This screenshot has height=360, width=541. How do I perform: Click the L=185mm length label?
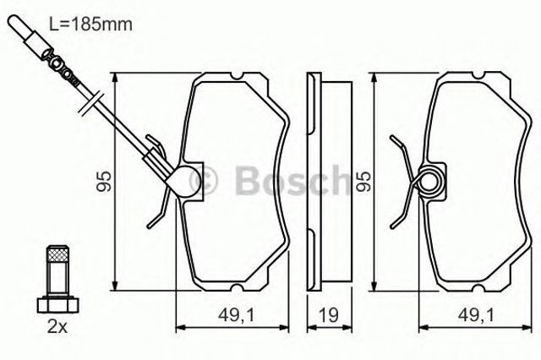click(x=91, y=25)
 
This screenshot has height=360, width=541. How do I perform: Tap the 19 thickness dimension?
click(x=328, y=314)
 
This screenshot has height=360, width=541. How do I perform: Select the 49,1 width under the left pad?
click(x=236, y=315)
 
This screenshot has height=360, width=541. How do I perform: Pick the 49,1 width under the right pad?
click(x=477, y=315)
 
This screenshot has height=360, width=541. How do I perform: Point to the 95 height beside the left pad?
click(x=103, y=182)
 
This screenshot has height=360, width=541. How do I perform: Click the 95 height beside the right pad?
click(x=363, y=182)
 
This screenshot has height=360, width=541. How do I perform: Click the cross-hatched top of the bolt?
click(x=57, y=254)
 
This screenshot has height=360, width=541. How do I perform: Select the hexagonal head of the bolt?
click(x=58, y=305)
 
